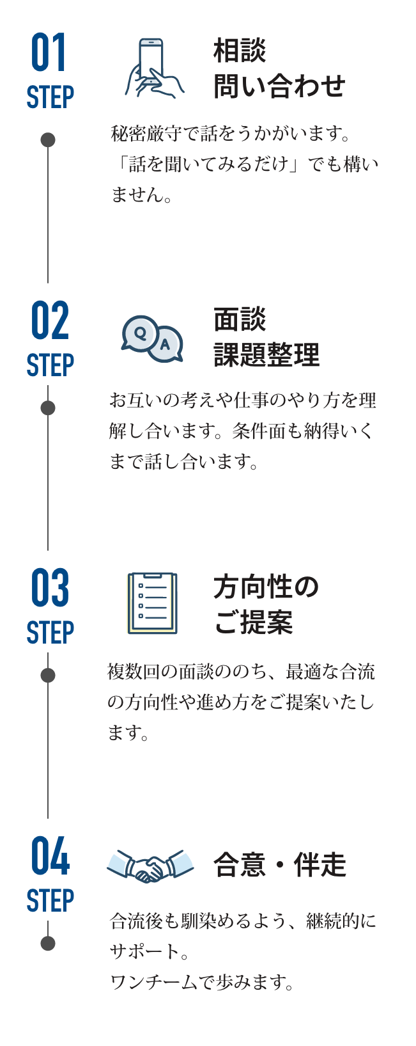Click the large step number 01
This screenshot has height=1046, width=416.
click(49, 52)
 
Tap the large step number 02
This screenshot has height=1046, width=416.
click(50, 320)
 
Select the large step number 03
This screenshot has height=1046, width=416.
click(50, 587)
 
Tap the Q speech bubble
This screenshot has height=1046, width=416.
click(139, 333)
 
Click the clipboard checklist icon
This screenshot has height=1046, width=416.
click(153, 603)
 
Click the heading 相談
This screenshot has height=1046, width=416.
click(240, 51)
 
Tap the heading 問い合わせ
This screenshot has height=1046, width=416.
click(279, 86)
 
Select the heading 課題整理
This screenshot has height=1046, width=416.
click(266, 354)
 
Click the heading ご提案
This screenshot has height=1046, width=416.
click(253, 622)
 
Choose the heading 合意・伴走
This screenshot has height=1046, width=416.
click(280, 864)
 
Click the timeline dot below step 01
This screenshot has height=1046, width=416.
click(47, 139)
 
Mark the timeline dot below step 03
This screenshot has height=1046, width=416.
click(47, 675)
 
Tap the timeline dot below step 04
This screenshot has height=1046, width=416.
click(47, 943)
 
